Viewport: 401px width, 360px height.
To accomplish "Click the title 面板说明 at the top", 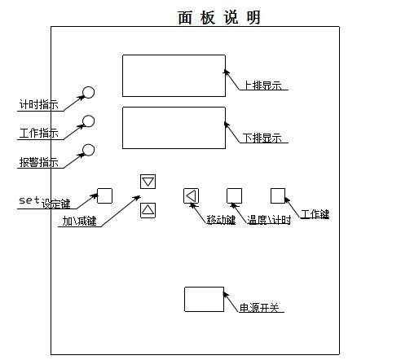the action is coord(219,18).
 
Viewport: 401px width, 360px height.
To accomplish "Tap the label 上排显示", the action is coord(262,86).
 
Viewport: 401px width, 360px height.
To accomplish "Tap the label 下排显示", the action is coord(262,138).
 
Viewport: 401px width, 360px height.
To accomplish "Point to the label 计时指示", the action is coord(39,104).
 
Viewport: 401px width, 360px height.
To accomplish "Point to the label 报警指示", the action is coord(39,162).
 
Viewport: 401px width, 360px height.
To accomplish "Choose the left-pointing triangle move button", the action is coord(191,195).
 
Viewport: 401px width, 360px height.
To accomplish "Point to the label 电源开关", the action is coord(259,308).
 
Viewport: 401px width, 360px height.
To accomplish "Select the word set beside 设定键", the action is coord(29,200).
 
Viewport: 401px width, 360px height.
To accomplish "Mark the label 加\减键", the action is coord(80,221).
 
